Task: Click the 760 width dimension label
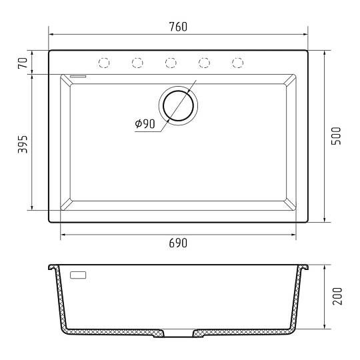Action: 178,27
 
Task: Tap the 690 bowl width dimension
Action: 178,243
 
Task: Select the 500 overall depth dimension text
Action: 337,136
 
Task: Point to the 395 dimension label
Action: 23,145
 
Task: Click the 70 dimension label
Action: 23,63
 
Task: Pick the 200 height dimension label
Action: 337,296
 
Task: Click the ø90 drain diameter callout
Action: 145,124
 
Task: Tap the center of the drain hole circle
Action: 178,105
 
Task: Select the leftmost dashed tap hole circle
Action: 104,63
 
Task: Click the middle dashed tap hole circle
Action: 171,63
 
